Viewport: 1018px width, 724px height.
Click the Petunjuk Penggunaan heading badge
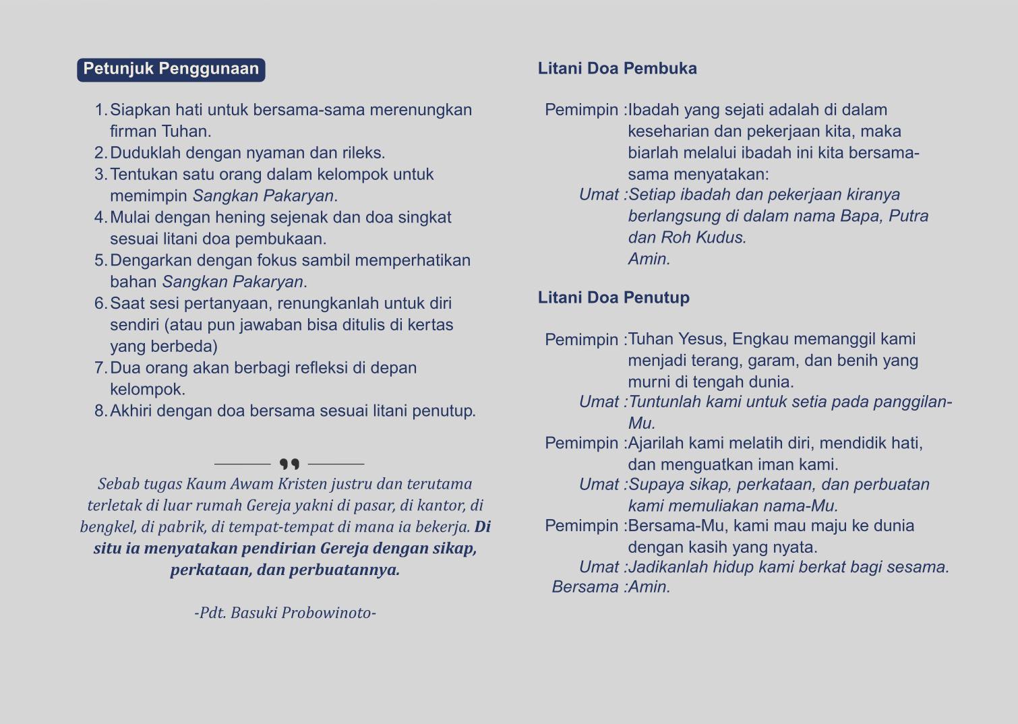(x=171, y=69)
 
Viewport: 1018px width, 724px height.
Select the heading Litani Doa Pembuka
(x=617, y=69)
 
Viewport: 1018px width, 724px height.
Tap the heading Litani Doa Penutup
(x=613, y=298)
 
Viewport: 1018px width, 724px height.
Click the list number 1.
(x=100, y=110)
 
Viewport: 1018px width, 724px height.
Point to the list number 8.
(x=100, y=411)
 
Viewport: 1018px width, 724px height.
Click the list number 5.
(x=100, y=261)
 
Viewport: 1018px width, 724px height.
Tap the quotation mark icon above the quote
(x=289, y=464)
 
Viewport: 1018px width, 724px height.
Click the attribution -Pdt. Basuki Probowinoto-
(x=285, y=613)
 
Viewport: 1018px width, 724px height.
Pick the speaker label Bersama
(x=585, y=587)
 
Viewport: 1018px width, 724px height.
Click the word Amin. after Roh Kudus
(x=649, y=259)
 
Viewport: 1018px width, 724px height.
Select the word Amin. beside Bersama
(x=649, y=587)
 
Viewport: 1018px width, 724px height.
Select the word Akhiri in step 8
(x=131, y=411)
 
